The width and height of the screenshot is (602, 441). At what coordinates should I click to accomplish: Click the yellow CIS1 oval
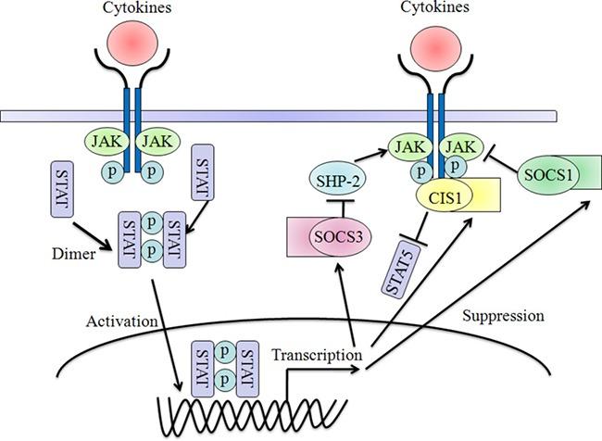pos(439,195)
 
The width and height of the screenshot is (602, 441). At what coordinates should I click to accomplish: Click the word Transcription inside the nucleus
pos(315,355)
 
